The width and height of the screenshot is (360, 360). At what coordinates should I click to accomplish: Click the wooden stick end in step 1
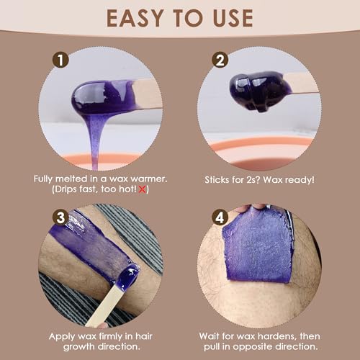pyautogui.click(x=148, y=93)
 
